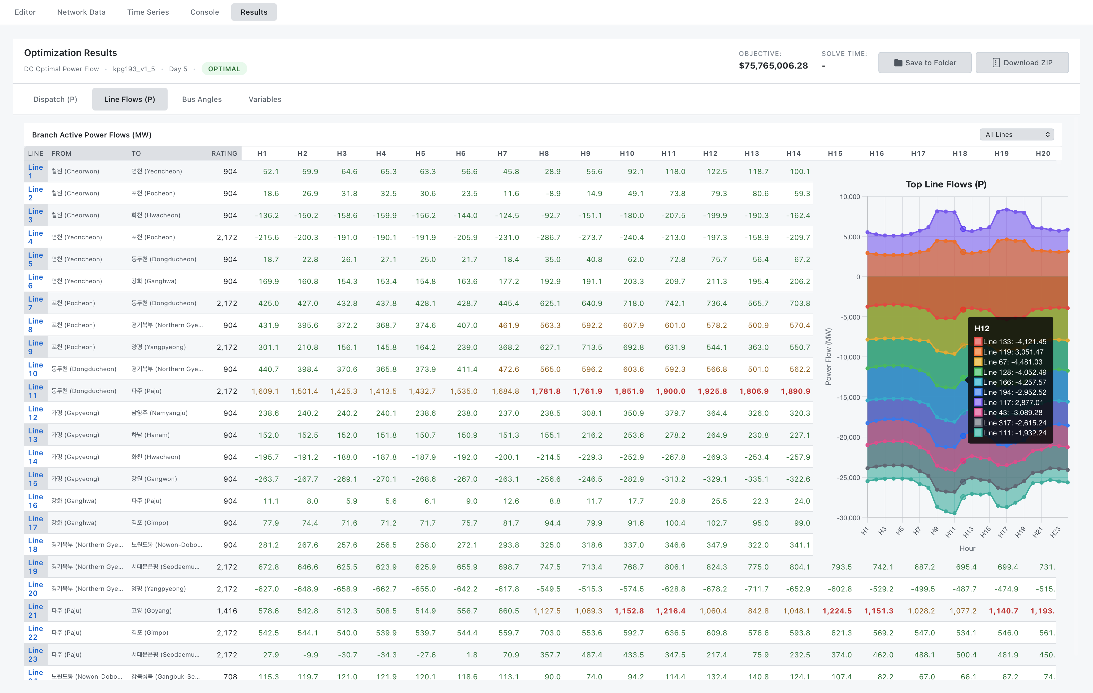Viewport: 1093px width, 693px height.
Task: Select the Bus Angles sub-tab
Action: click(202, 99)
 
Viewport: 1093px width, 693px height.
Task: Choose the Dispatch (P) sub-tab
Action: click(55, 99)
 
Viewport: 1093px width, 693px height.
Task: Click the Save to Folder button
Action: click(925, 63)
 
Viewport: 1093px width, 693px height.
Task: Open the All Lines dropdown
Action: click(1017, 135)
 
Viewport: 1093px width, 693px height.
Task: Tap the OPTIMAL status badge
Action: click(224, 69)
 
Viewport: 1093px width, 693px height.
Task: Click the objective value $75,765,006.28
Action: click(773, 66)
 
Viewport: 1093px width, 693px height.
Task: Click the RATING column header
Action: click(224, 154)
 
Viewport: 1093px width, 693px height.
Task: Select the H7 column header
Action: click(502, 154)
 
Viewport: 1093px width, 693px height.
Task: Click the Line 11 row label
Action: click(35, 391)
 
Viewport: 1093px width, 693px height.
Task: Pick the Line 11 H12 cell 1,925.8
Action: click(712, 391)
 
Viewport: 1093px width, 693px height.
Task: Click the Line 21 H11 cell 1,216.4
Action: click(670, 611)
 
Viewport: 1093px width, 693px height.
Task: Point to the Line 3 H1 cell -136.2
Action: click(267, 215)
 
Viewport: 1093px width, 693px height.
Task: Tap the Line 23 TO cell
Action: click(165, 654)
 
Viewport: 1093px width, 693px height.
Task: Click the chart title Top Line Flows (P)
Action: click(946, 184)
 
